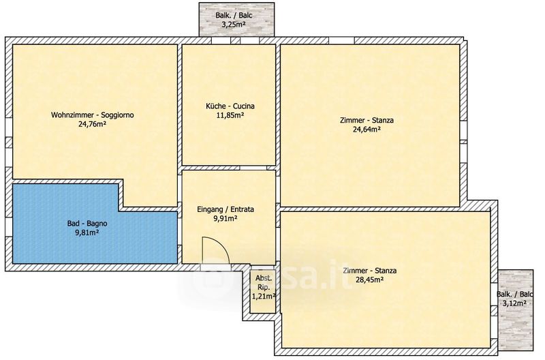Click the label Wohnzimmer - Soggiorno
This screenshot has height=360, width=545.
click(93, 115)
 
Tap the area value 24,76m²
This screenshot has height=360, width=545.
click(92, 124)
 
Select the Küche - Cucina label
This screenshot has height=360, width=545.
click(230, 106)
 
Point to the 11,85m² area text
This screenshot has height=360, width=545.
click(230, 115)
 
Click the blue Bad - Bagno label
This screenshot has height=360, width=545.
click(87, 224)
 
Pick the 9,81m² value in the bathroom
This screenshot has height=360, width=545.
click(87, 232)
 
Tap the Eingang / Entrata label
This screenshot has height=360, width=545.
click(225, 209)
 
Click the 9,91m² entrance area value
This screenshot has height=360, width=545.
click(225, 218)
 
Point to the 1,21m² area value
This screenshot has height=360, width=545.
click(264, 297)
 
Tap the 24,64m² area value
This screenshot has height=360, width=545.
click(367, 130)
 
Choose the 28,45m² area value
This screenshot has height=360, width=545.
click(370, 280)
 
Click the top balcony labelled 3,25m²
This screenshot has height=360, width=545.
click(236, 19)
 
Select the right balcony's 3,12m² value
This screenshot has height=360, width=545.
click(516, 303)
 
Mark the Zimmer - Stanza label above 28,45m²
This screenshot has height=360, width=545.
click(370, 271)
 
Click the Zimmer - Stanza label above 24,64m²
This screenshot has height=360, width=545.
click(367, 121)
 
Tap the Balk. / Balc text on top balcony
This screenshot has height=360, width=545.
click(234, 15)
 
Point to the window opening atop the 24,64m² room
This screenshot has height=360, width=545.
click(342, 40)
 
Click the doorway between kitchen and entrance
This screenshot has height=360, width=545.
click(253, 168)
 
